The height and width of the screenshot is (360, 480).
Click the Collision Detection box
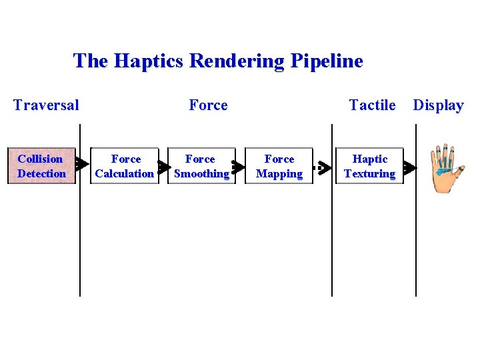pos(41,166)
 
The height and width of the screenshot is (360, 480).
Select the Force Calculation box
pos(125,166)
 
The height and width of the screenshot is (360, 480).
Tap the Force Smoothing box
pos(201,166)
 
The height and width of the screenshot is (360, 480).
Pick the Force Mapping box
pos(279,166)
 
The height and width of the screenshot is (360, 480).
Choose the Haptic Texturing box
pos(370,166)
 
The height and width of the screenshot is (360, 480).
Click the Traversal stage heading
pos(46,105)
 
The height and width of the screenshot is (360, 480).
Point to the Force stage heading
pos(208,105)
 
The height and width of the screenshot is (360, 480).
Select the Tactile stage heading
pos(372,105)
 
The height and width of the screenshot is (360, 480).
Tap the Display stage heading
pos(438,105)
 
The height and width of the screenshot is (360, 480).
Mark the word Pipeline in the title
pos(327,61)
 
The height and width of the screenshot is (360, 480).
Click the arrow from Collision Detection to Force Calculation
pos(83,163)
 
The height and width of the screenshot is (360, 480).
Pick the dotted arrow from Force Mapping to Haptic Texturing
pos(323,167)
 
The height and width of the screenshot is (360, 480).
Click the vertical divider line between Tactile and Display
pos(416,233)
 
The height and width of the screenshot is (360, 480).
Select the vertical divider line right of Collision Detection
pos(80,233)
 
